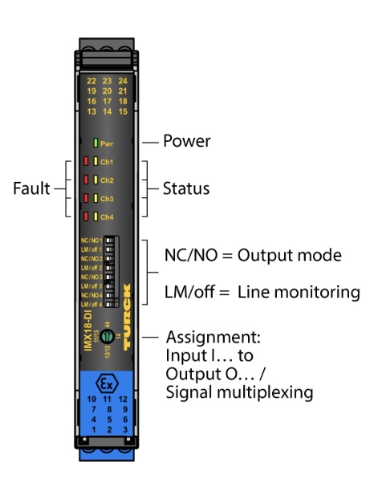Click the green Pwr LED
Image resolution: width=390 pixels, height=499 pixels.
pos(94,144)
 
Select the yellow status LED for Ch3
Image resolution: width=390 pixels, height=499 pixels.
pos(94,198)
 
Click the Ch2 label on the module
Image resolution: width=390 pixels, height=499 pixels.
pos(107,181)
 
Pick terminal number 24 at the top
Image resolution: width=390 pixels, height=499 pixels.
pos(123,81)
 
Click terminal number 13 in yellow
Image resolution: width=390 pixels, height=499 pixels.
pos(91,112)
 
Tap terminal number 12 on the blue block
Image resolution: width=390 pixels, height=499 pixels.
pos(123,399)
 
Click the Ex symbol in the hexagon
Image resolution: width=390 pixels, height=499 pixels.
pos(107,381)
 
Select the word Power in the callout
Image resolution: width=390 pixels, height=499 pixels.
pos(186,141)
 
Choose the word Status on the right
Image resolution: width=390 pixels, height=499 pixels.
pos(185,189)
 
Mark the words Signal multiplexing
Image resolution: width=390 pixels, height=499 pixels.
pos(239,392)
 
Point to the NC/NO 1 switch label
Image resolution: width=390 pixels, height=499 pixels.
pos(91,241)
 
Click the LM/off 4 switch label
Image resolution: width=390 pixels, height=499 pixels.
pos(91,304)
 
